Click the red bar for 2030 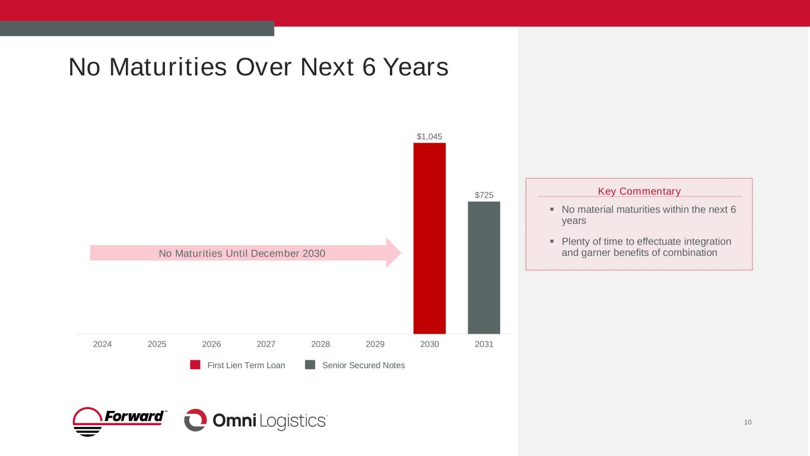[429, 238]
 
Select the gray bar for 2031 [484, 268]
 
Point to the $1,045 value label [429, 137]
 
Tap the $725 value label [484, 195]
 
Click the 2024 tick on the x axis [103, 344]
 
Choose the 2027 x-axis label [266, 344]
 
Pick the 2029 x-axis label [375, 344]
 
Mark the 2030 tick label [429, 344]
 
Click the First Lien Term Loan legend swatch [195, 365]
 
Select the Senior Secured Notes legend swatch [310, 365]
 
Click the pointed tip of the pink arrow [401, 253]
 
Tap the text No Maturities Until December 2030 [242, 254]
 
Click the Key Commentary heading [639, 191]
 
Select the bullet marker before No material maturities [552, 209]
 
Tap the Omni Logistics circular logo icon [195, 420]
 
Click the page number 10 [747, 422]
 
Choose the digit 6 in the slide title [368, 68]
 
